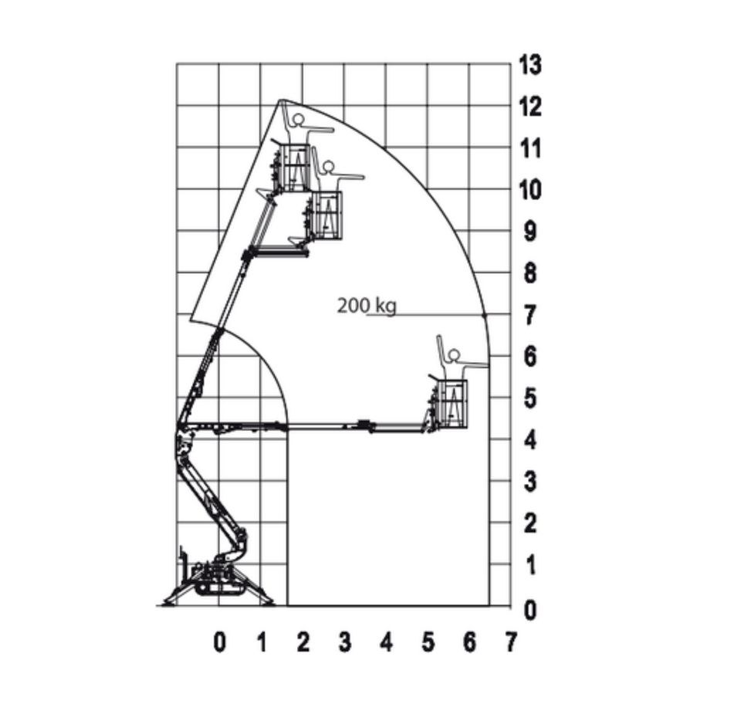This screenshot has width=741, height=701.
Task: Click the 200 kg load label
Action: (x=367, y=306)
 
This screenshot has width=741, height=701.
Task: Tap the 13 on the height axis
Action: (x=530, y=64)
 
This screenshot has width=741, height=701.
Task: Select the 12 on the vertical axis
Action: (x=530, y=107)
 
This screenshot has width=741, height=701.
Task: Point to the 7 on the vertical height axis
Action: (x=530, y=315)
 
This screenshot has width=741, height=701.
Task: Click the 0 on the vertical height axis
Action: (x=530, y=610)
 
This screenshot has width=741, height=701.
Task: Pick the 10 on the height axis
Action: (x=530, y=190)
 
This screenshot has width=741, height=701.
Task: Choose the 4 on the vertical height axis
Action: (x=530, y=440)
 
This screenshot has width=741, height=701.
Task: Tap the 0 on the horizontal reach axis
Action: (x=219, y=642)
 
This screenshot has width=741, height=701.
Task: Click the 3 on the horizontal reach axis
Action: (x=345, y=642)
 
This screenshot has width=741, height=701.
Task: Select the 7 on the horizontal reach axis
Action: (x=510, y=642)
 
